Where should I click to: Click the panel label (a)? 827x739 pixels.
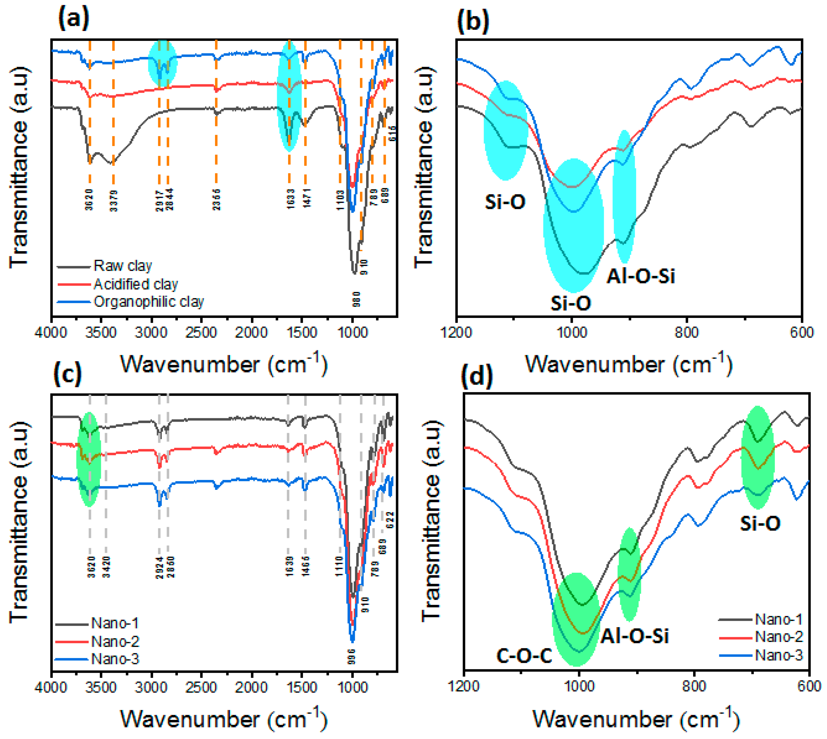click(74, 19)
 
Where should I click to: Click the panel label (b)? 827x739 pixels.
click(473, 22)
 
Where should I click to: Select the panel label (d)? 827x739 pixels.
click(477, 376)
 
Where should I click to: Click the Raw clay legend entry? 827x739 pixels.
click(123, 266)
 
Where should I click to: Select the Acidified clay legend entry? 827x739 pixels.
click(136, 284)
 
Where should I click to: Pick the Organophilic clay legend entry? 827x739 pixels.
click(149, 302)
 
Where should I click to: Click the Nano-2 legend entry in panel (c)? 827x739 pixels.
click(115, 641)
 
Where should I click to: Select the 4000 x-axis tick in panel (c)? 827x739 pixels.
click(51, 687)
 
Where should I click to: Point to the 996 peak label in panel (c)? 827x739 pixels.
click(351, 657)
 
